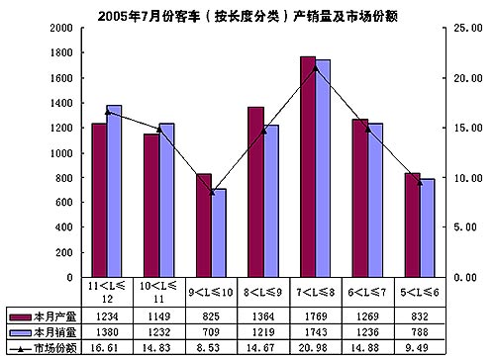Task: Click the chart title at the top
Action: [247, 16]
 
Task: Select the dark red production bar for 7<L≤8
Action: [308, 167]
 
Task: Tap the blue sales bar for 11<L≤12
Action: [114, 191]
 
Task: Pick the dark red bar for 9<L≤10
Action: [204, 225]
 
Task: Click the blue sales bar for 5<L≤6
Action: [428, 228]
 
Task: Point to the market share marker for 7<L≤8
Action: [316, 68]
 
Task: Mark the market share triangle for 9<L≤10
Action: [212, 192]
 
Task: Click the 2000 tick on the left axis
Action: [61, 28]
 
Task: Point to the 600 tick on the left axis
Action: [64, 202]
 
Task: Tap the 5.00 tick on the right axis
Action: [465, 227]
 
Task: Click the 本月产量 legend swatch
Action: [20, 317]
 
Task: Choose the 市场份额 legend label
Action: [55, 348]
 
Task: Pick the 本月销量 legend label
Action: [54, 332]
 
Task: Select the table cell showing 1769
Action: [316, 316]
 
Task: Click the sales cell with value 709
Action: [211, 332]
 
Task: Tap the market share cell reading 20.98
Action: [314, 348]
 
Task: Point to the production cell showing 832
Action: [420, 316]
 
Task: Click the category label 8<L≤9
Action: [263, 292]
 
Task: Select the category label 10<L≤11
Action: [158, 292]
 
